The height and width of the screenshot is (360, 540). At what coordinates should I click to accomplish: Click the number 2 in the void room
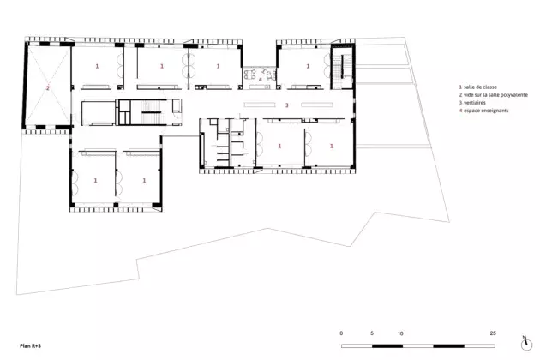(47, 88)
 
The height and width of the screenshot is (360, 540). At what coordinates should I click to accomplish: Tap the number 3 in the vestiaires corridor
(286, 105)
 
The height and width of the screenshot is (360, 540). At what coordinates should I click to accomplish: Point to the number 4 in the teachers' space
(261, 79)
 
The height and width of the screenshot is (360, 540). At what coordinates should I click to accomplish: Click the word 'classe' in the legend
(489, 87)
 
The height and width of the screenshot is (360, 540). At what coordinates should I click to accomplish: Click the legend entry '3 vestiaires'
(472, 103)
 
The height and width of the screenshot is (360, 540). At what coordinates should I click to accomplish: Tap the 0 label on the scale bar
(341, 333)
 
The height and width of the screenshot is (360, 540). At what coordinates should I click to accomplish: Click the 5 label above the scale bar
(372, 333)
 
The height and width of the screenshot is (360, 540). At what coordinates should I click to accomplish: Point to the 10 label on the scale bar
(400, 333)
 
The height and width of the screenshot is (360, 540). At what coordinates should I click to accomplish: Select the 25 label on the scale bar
(493, 333)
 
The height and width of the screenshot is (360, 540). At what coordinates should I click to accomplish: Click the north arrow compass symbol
(526, 344)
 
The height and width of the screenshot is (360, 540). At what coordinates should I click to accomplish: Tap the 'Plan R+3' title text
(30, 346)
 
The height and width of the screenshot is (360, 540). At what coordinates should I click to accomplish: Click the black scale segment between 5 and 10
(387, 346)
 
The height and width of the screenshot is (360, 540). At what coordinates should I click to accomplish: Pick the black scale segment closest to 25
(449, 346)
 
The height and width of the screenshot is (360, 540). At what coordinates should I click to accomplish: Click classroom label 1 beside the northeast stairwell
(308, 66)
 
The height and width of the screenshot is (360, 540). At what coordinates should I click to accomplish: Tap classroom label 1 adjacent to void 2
(97, 66)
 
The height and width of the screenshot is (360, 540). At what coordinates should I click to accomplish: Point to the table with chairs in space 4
(250, 75)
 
